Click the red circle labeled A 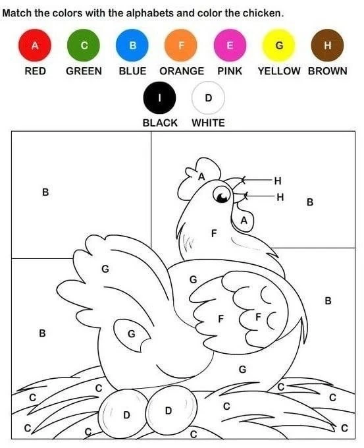click(35, 45)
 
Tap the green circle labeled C click(84, 45)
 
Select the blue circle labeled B click(132, 45)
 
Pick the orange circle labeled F click(181, 45)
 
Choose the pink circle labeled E click(230, 45)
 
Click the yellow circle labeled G click(278, 45)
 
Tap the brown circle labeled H click(327, 45)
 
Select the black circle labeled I click(159, 98)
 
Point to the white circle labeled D click(209, 98)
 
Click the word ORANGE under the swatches click(182, 71)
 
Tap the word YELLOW click(279, 71)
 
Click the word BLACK click(160, 123)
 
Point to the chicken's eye click(222, 194)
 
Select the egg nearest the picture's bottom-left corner click(123, 414)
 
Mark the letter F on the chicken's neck click(214, 233)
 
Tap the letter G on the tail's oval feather click(132, 334)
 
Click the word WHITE click(209, 123)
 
